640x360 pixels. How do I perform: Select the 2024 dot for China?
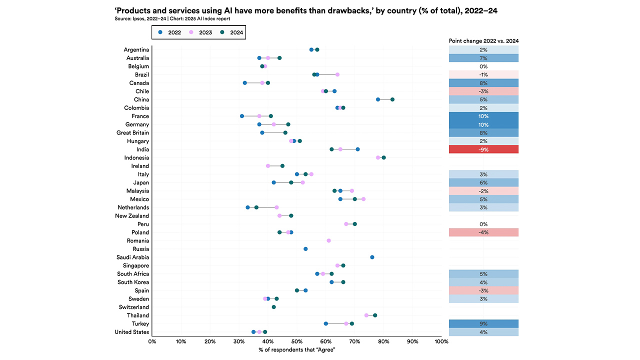(x=392, y=99)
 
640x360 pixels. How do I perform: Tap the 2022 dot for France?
(x=242, y=116)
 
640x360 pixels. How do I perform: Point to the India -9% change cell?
(x=483, y=149)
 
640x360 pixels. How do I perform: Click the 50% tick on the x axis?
(x=296, y=341)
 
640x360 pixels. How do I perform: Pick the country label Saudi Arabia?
(x=132, y=257)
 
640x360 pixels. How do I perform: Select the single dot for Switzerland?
(x=273, y=307)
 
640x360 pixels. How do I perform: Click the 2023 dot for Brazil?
(x=337, y=74)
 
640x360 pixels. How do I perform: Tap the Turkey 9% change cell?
(x=483, y=323)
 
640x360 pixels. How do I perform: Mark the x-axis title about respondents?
(x=296, y=349)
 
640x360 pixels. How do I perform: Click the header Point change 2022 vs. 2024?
(x=483, y=40)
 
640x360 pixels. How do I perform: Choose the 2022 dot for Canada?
(x=244, y=83)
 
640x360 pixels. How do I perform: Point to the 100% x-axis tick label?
(x=441, y=341)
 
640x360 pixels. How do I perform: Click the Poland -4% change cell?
(x=483, y=232)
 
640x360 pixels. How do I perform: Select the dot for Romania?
(x=328, y=240)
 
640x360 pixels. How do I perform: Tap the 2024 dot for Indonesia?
(x=383, y=157)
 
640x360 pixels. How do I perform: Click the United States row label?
(x=131, y=332)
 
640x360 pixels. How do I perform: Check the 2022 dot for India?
(x=357, y=149)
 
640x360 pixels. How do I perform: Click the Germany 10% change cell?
(x=483, y=124)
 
